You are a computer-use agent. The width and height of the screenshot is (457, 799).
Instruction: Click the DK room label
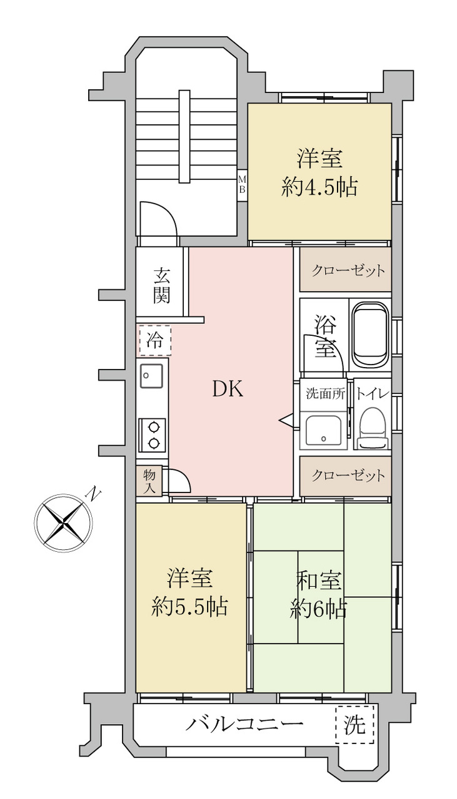click(228, 388)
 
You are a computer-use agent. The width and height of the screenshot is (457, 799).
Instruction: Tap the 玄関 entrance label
click(162, 285)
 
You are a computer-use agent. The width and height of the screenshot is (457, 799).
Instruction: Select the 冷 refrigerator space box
click(154, 341)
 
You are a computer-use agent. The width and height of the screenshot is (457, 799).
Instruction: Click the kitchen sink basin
click(152, 376)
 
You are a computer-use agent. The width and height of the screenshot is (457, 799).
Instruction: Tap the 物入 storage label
click(149, 482)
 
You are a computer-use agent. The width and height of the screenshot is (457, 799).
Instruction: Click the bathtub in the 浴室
click(369, 335)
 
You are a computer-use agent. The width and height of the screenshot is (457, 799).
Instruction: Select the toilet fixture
click(373, 428)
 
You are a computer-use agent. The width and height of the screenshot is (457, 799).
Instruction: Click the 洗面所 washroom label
click(326, 393)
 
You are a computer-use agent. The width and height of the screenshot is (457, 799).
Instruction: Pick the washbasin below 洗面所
click(323, 430)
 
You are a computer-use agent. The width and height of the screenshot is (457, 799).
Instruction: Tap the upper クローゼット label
click(348, 271)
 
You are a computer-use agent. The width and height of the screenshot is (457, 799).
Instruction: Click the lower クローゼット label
click(348, 475)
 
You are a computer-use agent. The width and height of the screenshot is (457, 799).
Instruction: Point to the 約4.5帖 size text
click(319, 187)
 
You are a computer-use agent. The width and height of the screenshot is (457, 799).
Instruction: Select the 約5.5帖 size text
click(189, 605)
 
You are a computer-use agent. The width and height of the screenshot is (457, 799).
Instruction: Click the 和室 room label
click(318, 580)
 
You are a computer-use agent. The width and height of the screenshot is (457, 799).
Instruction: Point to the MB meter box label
click(242, 184)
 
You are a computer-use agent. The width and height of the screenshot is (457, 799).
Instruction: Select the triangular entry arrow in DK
click(286, 420)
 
